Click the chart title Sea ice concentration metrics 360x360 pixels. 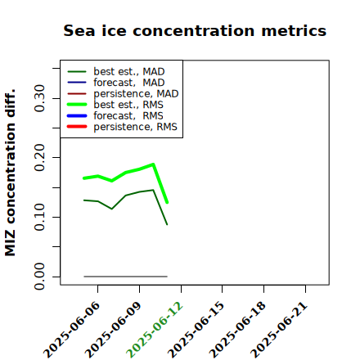(x=195, y=30)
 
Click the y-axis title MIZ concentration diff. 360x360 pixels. (x=10, y=173)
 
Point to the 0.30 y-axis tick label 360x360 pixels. (x=40, y=98)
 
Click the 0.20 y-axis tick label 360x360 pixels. (x=40, y=158)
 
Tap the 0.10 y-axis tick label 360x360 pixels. (x=40, y=217)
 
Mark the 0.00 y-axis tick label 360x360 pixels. (x=40, y=277)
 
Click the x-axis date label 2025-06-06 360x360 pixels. (x=71, y=330)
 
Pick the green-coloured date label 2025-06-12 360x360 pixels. (x=155, y=330)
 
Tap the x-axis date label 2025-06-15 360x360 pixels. (x=196, y=330)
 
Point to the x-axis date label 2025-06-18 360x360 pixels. (x=237, y=330)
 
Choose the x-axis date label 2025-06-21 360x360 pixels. (x=279, y=330)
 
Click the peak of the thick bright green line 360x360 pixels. (x=153, y=164)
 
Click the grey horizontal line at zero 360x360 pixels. (x=125, y=277)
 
